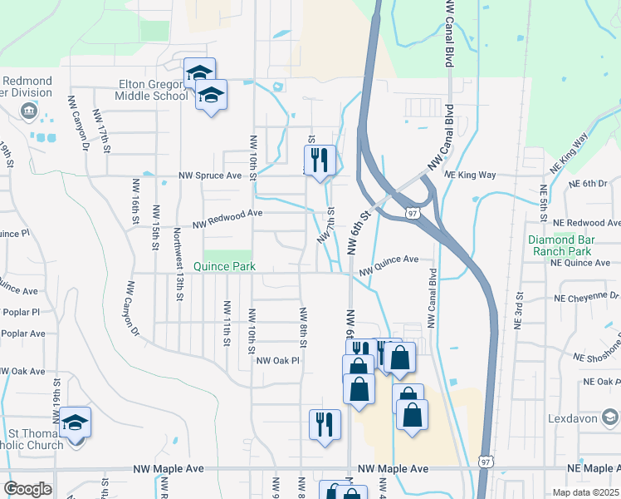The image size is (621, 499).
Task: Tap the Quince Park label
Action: [223, 267]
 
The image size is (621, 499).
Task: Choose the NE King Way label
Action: [469, 175]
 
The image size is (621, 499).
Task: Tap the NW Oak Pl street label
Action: [276, 360]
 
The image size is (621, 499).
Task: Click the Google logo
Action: [27, 488]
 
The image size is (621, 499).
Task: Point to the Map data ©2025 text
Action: [585, 492]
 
